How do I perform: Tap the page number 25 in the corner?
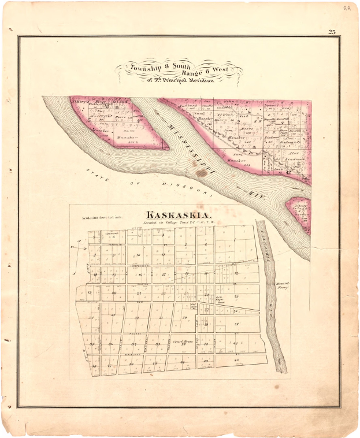pos(332,32)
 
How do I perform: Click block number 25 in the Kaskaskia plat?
pos(236,296)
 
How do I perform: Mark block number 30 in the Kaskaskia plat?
pos(184,317)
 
